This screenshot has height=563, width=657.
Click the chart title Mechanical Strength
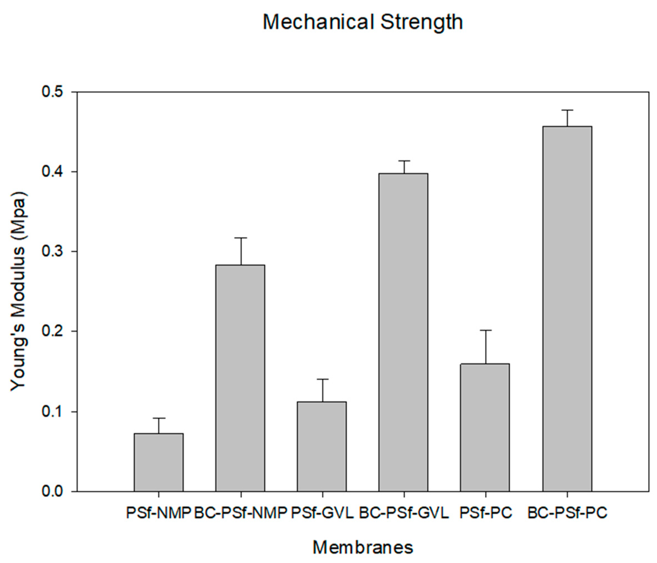[363, 22]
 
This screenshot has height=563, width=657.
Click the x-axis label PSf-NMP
[159, 513]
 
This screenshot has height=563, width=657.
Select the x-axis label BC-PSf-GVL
[404, 513]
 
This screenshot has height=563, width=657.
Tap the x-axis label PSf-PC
[486, 513]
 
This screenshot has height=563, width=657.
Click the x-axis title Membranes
[363, 547]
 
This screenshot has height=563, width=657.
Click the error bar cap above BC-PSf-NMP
[241, 238]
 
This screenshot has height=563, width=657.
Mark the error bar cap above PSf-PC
[485, 330]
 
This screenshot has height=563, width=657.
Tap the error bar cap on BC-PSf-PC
[567, 110]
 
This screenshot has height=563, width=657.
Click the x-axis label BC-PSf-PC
[567, 513]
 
